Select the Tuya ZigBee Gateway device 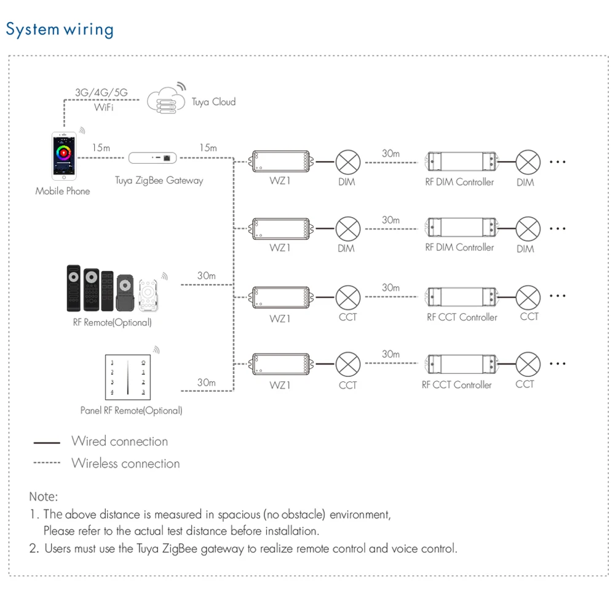coord(153,158)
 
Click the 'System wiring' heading coord(60,29)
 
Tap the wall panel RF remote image coord(127,376)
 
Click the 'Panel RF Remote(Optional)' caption coord(131,410)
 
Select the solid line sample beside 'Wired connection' coord(47,442)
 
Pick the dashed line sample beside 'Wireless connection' coord(47,463)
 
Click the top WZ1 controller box coord(280,161)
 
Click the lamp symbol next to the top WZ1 coord(347,162)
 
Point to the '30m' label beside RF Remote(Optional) coord(207,276)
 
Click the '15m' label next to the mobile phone coord(101,148)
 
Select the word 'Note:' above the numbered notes coord(43,496)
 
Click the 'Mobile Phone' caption coord(62,191)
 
